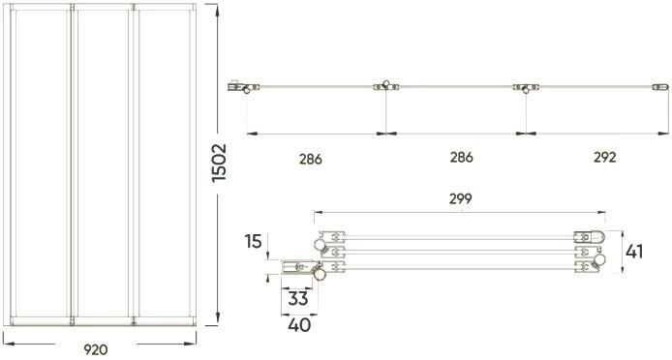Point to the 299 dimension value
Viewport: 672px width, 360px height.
(461, 199)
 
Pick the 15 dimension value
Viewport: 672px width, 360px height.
(255, 239)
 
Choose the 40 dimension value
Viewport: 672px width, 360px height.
(299, 325)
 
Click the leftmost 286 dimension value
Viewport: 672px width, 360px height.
(311, 157)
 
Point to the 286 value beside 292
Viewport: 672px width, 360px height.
(461, 157)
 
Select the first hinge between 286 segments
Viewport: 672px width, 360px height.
(385, 87)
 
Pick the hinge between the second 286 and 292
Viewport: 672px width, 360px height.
(524, 88)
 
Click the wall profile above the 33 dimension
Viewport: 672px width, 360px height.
(294, 266)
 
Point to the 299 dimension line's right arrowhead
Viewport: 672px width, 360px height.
(603, 212)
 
